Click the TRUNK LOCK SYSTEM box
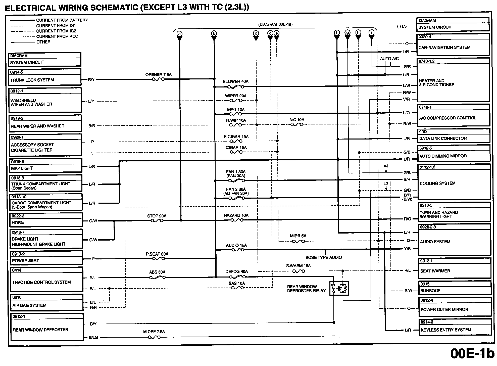pyautogui.click(x=45, y=77)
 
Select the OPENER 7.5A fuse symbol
pyautogui.click(x=158, y=79)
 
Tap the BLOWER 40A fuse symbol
pyautogui.click(x=235, y=87)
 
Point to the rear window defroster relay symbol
pyautogui.click(x=339, y=288)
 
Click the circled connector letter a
pyautogui.click(x=179, y=33)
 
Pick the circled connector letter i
pyautogui.click(x=371, y=32)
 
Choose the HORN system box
pyautogui.click(x=46, y=220)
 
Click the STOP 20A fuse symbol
pyautogui.click(x=157, y=220)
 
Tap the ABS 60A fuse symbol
pyautogui.click(x=157, y=278)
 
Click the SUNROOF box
pyautogui.click(x=455, y=288)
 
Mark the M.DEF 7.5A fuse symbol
pyautogui.click(x=154, y=337)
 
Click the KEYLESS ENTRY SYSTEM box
pyautogui.click(x=455, y=327)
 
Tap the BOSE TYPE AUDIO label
pyautogui.click(x=324, y=257)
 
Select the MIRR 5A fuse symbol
pyautogui.click(x=298, y=241)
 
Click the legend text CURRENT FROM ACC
pyautogui.click(x=57, y=36)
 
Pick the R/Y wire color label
pyautogui.click(x=91, y=80)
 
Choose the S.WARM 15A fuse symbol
pyautogui.click(x=299, y=271)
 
